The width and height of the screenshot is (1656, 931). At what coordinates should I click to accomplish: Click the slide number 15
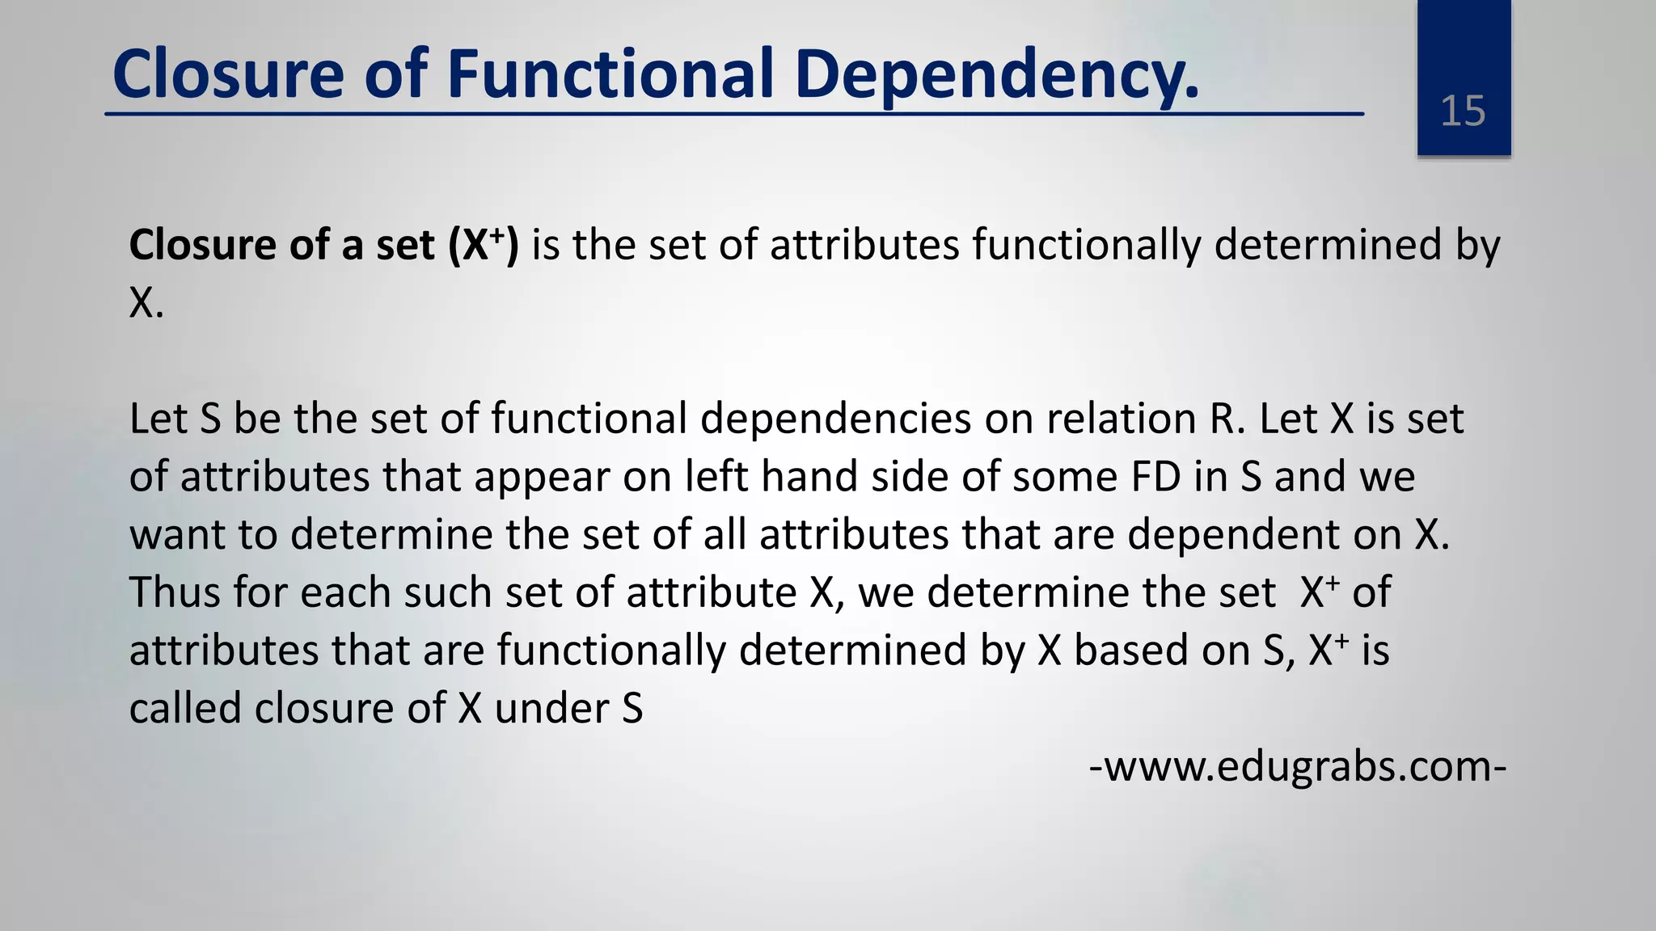(x=1463, y=111)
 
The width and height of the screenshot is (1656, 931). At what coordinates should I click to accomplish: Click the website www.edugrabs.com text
(x=1298, y=766)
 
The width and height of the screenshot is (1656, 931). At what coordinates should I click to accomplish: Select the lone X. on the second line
(x=146, y=303)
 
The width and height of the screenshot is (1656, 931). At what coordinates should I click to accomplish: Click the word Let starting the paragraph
(x=158, y=419)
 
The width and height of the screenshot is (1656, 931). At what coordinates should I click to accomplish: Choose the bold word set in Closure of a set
(x=405, y=245)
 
